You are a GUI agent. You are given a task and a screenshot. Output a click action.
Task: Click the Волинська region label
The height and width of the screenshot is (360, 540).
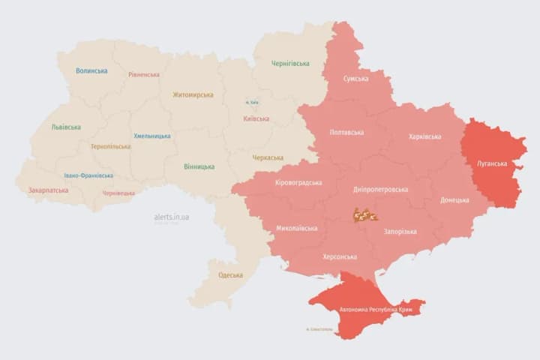[x=91, y=71]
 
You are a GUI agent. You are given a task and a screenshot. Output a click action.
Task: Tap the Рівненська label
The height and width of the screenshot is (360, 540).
[x=143, y=75]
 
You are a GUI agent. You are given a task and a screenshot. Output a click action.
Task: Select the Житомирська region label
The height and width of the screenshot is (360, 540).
[x=193, y=95]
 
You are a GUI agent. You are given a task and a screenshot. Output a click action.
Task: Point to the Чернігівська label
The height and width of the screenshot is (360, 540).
[x=289, y=64]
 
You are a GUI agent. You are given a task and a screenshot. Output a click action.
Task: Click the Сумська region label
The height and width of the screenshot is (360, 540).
[x=355, y=79]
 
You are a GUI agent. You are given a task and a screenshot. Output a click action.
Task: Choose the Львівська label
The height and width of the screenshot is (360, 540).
[x=66, y=127]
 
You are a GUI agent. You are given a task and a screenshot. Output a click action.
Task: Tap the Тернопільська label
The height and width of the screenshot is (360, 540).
[x=110, y=147]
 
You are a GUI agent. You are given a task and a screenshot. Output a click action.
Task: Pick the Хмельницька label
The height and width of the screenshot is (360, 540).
[x=151, y=136]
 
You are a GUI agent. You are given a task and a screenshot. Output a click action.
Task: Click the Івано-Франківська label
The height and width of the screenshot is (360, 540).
[x=88, y=175]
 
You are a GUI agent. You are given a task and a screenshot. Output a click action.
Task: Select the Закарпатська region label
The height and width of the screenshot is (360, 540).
[x=48, y=190]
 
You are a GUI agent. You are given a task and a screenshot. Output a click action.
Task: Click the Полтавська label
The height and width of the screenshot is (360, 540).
[x=346, y=133]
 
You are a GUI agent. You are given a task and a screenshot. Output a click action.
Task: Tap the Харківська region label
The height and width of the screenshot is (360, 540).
[x=425, y=136]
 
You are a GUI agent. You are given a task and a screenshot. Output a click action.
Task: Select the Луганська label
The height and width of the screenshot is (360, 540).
[x=492, y=163]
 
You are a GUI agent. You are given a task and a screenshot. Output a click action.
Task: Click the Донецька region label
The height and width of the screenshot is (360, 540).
[x=454, y=200]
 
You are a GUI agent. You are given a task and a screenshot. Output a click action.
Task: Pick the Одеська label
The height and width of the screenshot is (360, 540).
[x=230, y=275]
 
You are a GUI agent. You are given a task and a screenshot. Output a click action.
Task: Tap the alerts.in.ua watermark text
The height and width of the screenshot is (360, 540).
[x=172, y=217]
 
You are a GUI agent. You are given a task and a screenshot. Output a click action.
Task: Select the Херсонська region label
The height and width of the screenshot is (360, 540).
[x=339, y=256]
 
